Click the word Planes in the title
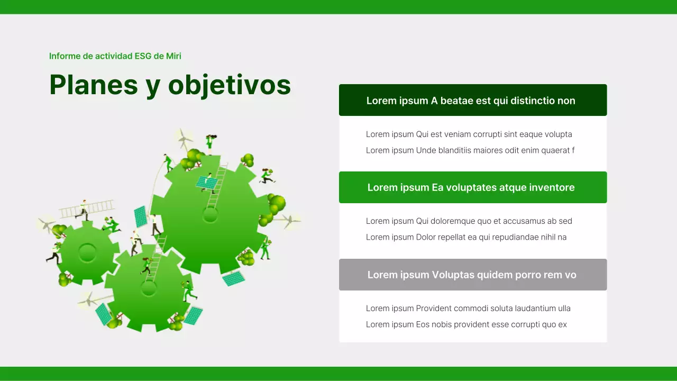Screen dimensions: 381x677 tap(94, 85)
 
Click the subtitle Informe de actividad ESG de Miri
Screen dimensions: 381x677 tap(115, 56)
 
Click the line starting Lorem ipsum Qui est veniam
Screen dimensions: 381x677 tap(469, 134)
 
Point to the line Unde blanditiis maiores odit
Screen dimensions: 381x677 tap(470, 150)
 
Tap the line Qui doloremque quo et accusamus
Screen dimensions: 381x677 tap(469, 221)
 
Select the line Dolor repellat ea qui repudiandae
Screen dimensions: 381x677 tap(466, 237)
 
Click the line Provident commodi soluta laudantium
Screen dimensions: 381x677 tap(468, 309)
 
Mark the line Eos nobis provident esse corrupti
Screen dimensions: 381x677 tap(466, 324)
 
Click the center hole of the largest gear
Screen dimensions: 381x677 tap(211, 215)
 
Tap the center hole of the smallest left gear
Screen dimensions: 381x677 tap(87, 252)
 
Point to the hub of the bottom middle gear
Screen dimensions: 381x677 tap(149, 288)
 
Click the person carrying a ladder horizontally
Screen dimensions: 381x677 tap(83, 210)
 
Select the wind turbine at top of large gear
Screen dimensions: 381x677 tap(183, 139)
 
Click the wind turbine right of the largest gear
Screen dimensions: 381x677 tap(288, 220)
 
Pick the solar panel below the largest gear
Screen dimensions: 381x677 tap(233, 278)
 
